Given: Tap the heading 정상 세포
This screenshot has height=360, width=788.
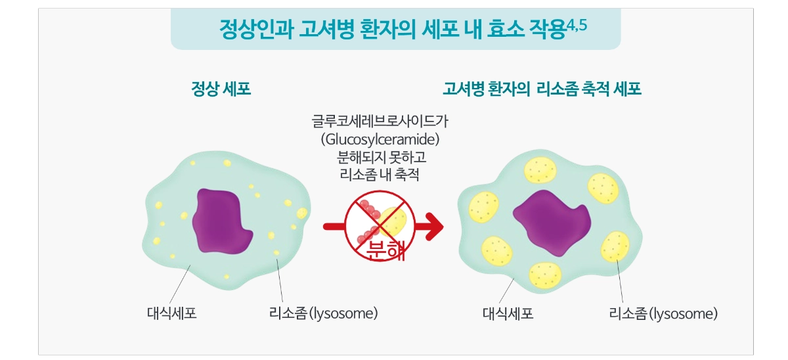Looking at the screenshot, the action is tap(221, 89).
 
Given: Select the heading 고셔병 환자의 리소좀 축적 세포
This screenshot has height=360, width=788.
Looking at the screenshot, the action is tap(542, 89).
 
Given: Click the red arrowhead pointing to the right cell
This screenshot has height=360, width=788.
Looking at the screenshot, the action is tap(435, 227).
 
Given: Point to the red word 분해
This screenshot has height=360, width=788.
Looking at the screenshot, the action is tap(385, 250).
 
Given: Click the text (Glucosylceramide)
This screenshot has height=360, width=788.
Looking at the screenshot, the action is tap(380, 139).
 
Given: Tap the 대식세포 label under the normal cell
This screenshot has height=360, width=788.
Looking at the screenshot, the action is tap(171, 313).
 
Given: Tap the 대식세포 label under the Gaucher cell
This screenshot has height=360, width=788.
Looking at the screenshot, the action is tap(508, 313).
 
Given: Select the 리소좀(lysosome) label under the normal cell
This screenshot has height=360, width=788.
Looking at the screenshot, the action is tap(323, 313).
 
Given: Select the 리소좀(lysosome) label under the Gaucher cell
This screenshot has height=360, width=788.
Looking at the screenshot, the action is tap(663, 313).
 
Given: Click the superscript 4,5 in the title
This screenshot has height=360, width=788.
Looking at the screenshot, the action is tap(577, 26).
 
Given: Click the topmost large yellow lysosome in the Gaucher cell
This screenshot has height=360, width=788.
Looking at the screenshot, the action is tap(540, 170).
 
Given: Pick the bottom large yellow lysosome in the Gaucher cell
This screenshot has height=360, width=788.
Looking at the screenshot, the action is tap(545, 275).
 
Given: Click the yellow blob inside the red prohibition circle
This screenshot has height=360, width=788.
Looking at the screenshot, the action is tap(393, 222).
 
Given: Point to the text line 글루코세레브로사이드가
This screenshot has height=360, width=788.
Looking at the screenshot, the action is tap(380, 122).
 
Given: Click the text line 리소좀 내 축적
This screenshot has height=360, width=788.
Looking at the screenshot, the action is tap(380, 175).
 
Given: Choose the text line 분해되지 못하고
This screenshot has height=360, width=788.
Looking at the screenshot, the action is tap(382, 157).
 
